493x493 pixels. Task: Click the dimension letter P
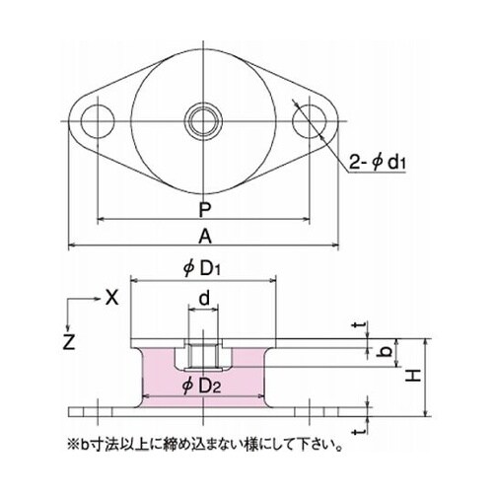(x=204, y=209)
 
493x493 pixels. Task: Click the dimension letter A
(x=204, y=236)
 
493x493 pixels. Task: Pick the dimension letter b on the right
(x=387, y=350)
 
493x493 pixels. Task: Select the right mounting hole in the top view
(x=309, y=121)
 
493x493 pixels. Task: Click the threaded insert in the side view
(x=203, y=347)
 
